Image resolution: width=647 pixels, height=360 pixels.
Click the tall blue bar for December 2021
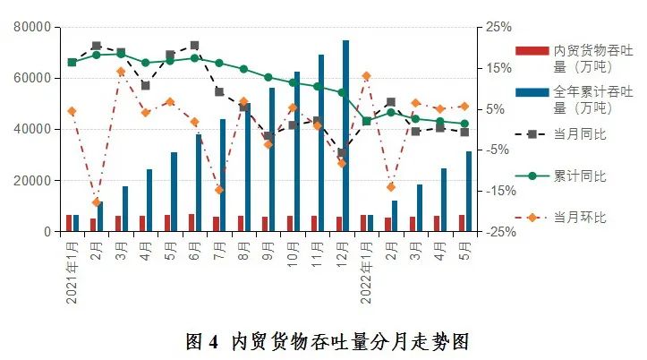click(x=345, y=134)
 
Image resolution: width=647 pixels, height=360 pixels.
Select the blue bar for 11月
click(x=321, y=143)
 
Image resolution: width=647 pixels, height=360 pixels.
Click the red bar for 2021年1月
click(x=69, y=223)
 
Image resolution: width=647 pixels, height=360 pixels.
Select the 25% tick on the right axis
click(x=499, y=27)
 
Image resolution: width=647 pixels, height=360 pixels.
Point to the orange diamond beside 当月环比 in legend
click(x=532, y=218)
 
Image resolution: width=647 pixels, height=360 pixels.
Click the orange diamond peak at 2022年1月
click(x=366, y=76)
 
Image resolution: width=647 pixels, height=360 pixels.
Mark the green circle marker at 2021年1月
click(x=72, y=62)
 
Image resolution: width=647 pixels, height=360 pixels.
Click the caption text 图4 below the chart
click(x=202, y=341)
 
